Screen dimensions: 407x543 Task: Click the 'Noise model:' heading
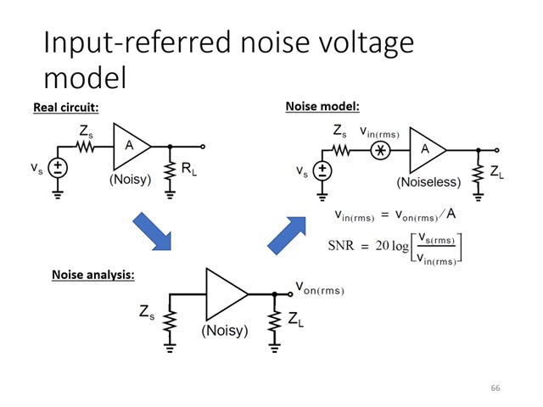322,107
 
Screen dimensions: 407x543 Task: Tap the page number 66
495,387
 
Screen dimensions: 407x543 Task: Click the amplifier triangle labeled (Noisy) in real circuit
131,147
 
